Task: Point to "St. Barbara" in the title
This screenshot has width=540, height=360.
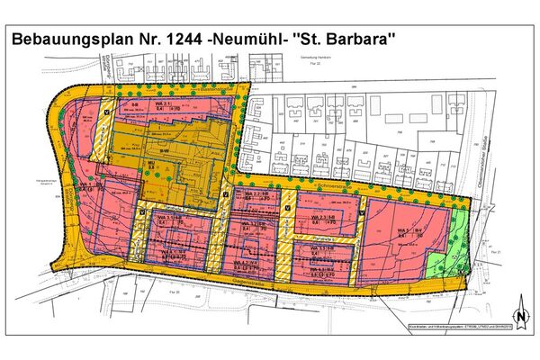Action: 365,40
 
